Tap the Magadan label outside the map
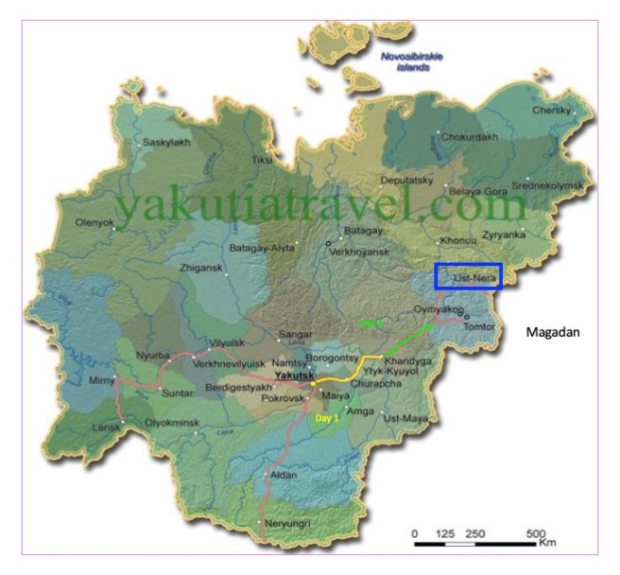[553, 332]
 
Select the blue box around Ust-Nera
[468, 275]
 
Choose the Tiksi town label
[262, 160]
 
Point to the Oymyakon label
[439, 309]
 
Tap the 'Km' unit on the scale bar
[547, 545]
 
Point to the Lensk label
[105, 428]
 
